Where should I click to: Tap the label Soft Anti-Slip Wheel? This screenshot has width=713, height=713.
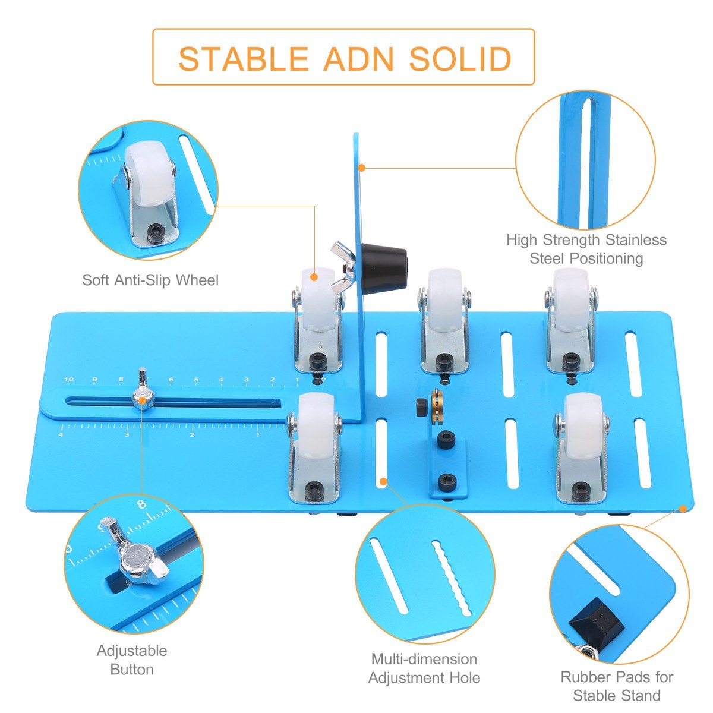pyautogui.click(x=150, y=279)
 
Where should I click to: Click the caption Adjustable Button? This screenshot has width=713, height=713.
pyautogui.click(x=132, y=660)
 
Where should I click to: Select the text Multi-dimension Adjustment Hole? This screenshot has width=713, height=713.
pyautogui.click(x=424, y=668)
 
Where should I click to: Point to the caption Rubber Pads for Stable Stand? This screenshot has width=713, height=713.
pyautogui.click(x=617, y=686)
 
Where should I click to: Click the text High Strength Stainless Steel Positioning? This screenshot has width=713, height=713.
pyautogui.click(x=586, y=249)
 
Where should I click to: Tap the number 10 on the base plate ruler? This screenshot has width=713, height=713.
pyautogui.click(x=69, y=380)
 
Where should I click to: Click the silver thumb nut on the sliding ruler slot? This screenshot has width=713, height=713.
pyautogui.click(x=142, y=399)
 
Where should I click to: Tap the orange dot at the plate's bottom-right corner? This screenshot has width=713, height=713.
pyautogui.click(x=684, y=508)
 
